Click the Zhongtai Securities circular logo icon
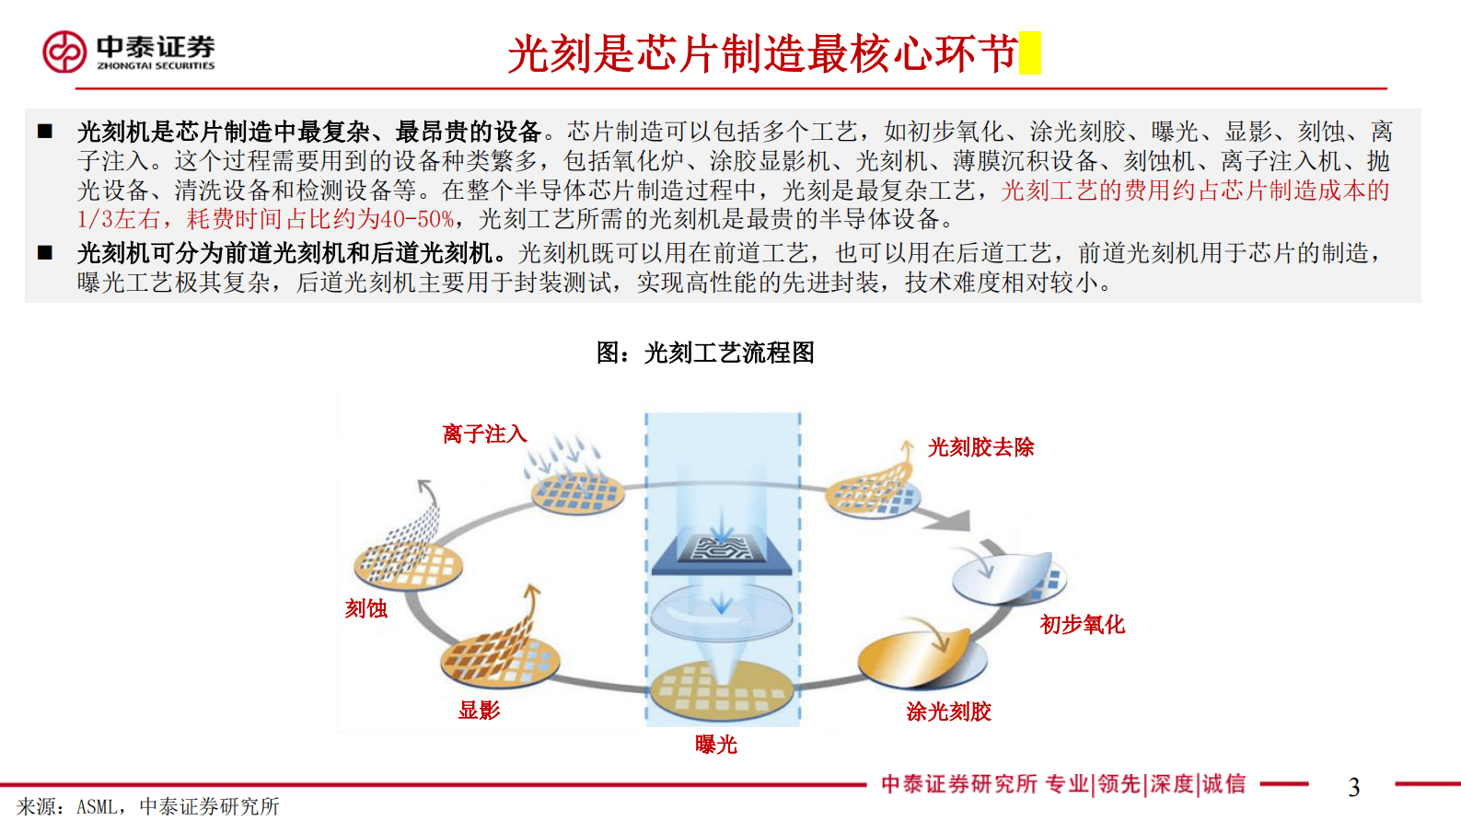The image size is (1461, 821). [64, 52]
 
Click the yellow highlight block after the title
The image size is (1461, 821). [1030, 52]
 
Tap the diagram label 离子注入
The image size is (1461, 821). [484, 434]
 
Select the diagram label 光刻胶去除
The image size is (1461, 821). [980, 447]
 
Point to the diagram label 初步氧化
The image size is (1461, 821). [1082, 625]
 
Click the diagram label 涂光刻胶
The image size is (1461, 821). [948, 711]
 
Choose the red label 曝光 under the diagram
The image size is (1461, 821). [716, 745]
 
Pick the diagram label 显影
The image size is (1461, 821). [479, 710]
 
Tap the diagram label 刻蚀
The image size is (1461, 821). [365, 608]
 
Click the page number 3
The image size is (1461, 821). [1353, 787]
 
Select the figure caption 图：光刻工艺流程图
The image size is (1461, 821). [705, 353]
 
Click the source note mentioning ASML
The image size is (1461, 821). [148, 807]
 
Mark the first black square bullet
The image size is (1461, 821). [45, 132]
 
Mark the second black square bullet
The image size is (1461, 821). [45, 253]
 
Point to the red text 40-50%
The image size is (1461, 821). [417, 219]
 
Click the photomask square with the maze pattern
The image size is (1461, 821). [722, 550]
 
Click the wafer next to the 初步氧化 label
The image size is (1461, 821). [1007, 579]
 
